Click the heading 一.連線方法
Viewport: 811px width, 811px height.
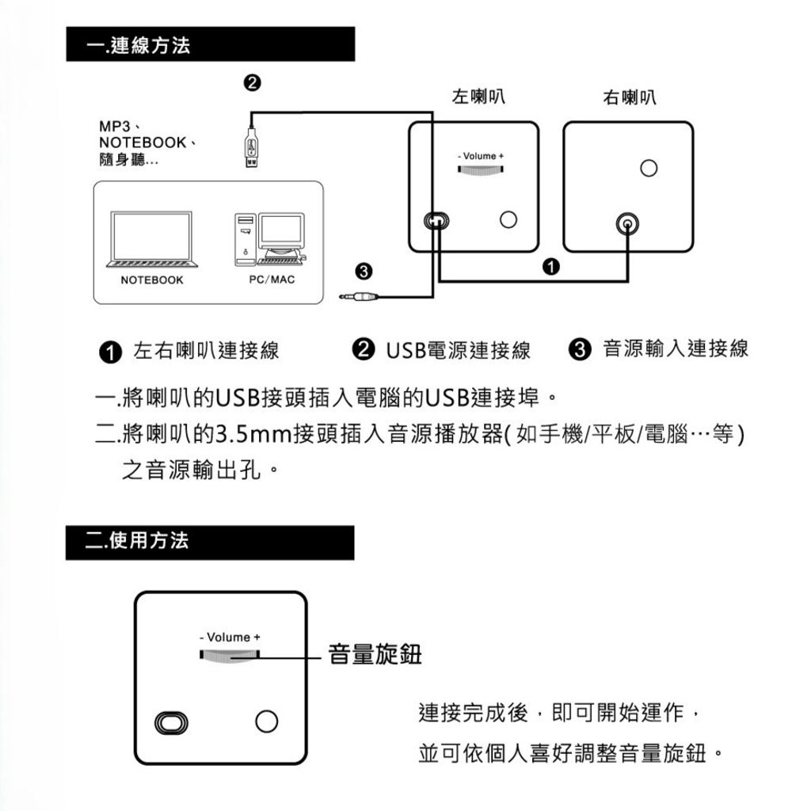pos(139,46)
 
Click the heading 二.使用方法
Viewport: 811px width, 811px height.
pos(139,542)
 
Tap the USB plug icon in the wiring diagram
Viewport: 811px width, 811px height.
pos(251,148)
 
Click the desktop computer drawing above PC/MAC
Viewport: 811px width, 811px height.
pos(269,238)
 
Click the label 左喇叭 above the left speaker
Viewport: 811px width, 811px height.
pos(478,97)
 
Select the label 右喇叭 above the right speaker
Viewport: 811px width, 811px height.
pos(629,97)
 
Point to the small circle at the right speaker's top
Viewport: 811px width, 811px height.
pos(649,168)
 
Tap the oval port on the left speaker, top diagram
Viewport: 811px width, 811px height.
pos(436,220)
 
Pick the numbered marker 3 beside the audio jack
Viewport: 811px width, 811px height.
pos(363,272)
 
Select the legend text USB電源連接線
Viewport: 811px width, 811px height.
pos(458,350)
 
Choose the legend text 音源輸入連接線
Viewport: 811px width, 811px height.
pos(675,348)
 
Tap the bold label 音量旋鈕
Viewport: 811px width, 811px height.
pos(375,656)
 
